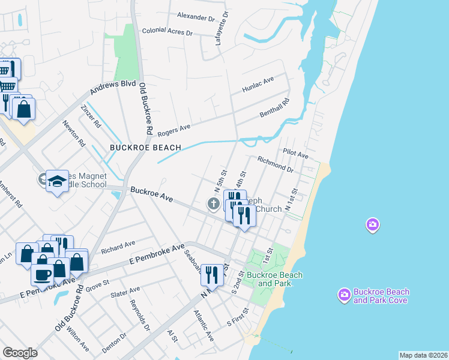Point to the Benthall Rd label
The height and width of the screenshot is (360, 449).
(274, 107)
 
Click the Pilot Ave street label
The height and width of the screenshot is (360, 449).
(295, 155)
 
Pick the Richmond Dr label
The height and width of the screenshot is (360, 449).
(274, 164)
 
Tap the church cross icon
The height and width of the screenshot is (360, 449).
(213, 204)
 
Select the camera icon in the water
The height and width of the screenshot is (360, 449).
(372, 225)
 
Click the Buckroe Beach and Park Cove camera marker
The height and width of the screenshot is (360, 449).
(344, 295)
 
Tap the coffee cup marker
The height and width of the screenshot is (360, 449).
(42, 275)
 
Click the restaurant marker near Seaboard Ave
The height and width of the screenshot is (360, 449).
(211, 274)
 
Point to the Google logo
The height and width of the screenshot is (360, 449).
(20, 353)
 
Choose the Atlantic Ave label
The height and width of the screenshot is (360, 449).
(204, 325)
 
